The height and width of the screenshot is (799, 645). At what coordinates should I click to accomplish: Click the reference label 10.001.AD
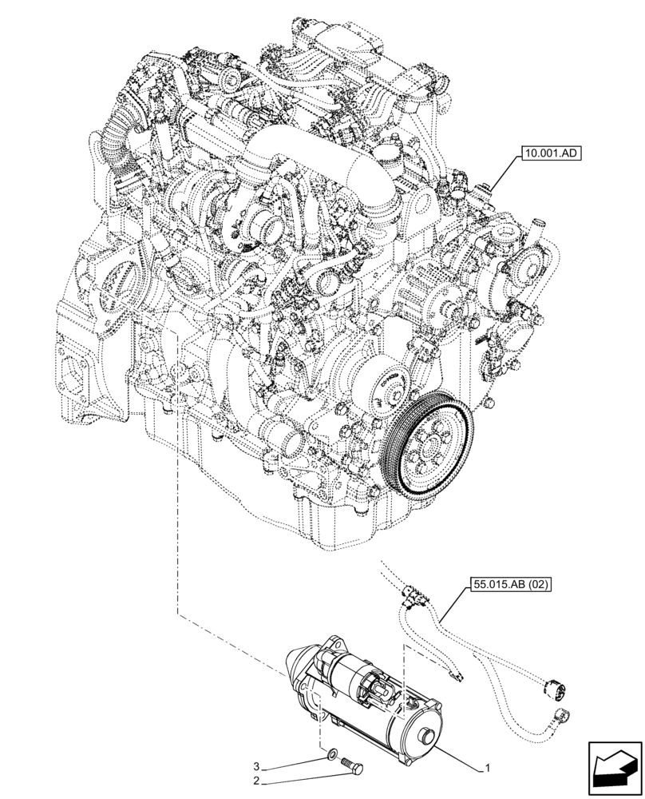pyautogui.click(x=550, y=154)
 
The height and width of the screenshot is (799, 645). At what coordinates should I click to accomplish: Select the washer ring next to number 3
pyautogui.click(x=332, y=756)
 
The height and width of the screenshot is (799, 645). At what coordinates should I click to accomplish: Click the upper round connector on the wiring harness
pyautogui.click(x=550, y=686)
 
